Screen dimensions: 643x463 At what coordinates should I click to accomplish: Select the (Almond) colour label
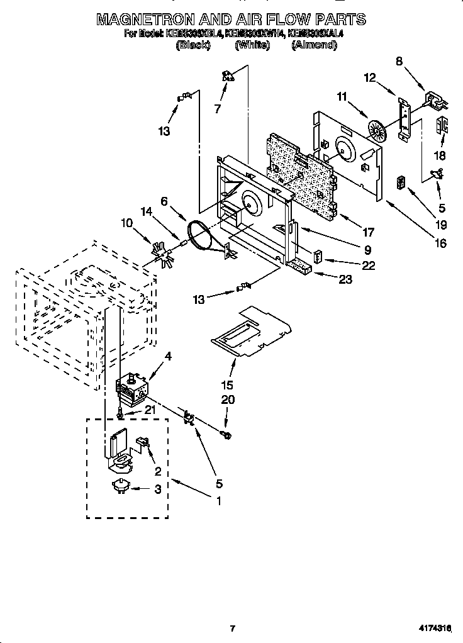(x=314, y=45)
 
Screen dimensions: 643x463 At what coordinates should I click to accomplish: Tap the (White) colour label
(x=252, y=45)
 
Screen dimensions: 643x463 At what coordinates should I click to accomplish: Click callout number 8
(x=399, y=61)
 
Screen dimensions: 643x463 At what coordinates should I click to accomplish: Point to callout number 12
(x=370, y=77)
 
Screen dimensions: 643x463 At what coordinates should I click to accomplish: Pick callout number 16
(x=440, y=243)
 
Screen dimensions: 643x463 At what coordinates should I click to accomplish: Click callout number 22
(x=368, y=266)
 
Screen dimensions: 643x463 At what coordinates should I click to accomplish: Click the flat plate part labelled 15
(x=252, y=330)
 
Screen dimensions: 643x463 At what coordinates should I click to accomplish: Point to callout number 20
(x=226, y=400)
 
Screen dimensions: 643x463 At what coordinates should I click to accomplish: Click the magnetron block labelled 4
(x=132, y=392)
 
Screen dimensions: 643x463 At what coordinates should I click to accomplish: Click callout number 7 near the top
(x=218, y=108)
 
